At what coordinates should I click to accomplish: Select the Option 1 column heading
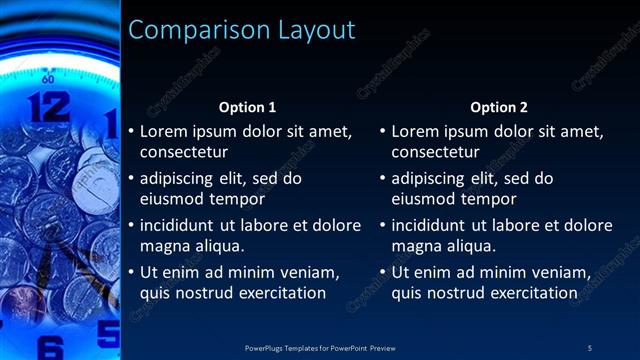tap(247, 107)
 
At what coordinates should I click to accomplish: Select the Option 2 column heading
tap(499, 107)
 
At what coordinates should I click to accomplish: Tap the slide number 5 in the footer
tap(590, 347)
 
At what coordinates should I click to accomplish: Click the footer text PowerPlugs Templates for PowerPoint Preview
tap(320, 347)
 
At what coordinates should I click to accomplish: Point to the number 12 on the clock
tap(48, 106)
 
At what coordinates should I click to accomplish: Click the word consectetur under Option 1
tap(184, 153)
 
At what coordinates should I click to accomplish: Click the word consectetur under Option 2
tap(435, 153)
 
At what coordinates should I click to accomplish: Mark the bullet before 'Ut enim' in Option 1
tap(130, 272)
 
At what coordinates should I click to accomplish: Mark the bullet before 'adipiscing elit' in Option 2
tap(382, 178)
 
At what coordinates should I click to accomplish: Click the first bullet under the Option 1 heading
tap(130, 131)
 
